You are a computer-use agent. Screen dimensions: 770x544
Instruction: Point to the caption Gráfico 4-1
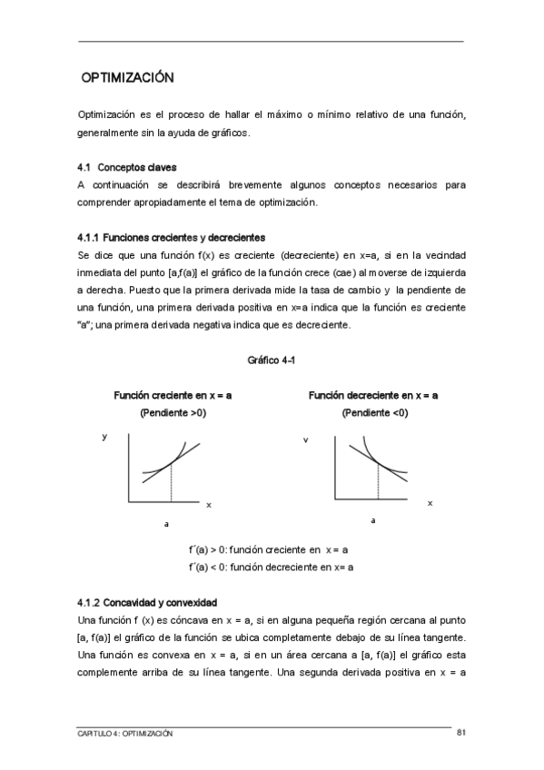pos(272,360)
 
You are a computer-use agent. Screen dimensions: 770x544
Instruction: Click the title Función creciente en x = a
pos(173,396)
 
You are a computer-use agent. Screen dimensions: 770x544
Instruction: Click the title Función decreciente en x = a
pos(373,396)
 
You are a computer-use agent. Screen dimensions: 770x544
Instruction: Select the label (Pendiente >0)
pos(173,413)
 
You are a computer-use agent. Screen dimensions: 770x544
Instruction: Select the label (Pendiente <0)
pos(374,413)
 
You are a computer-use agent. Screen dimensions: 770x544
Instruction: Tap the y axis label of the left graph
pos(104,437)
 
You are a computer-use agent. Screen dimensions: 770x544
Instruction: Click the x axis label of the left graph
pos(208,503)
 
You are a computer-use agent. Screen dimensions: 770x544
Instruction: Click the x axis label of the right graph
pos(430,502)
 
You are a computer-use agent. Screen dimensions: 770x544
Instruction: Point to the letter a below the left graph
pos(166,524)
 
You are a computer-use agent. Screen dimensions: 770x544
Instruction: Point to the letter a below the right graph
pos(373,520)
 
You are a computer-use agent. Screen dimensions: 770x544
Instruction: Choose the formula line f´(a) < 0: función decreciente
pos(271,567)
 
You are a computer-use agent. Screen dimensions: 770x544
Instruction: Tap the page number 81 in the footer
pos(461,732)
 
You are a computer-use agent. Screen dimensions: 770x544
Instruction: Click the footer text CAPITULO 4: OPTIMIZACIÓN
pos(125,733)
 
